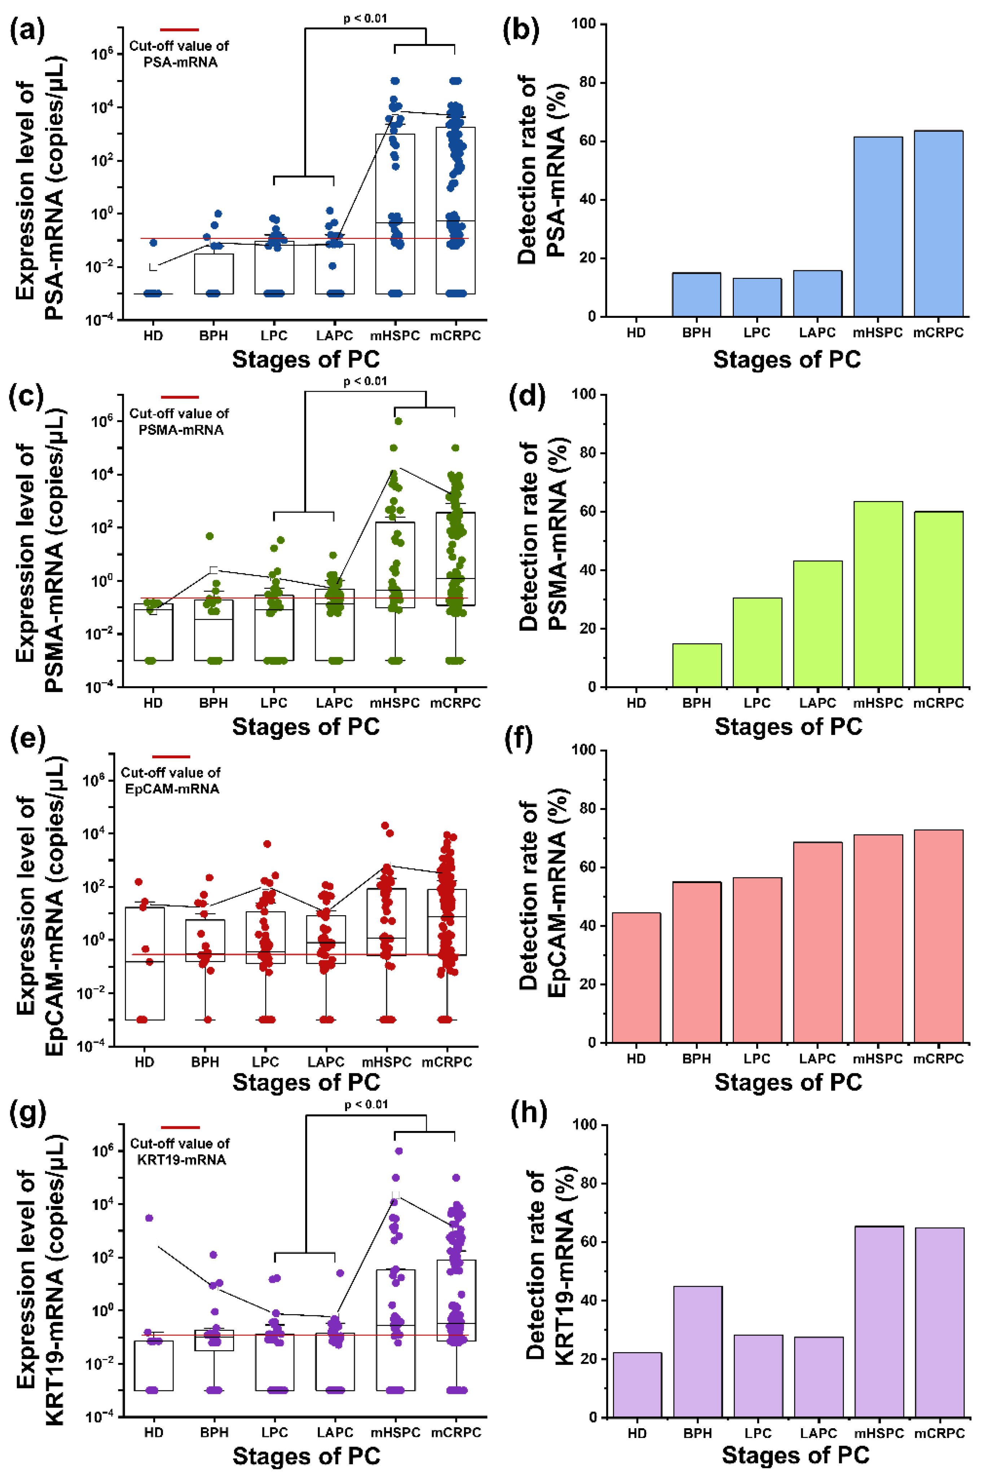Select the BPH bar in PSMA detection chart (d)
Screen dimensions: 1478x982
coord(696,665)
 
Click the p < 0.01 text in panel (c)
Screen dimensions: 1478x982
coord(365,381)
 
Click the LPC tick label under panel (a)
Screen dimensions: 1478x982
coord(274,336)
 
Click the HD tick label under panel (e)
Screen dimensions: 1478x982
coord(144,1062)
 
